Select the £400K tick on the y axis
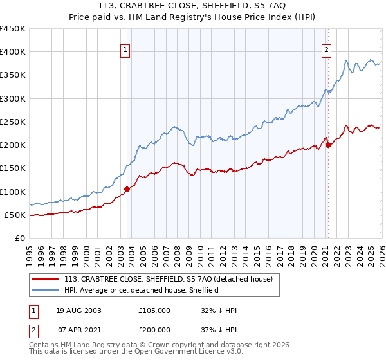pos(13,52)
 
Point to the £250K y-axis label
pos(13,122)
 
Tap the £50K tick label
pos(15,215)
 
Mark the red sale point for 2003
pos(127,189)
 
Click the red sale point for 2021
pos(328,145)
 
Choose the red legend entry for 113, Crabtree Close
pos(169,279)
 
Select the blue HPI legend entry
pos(142,290)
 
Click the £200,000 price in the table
pos(154,329)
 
